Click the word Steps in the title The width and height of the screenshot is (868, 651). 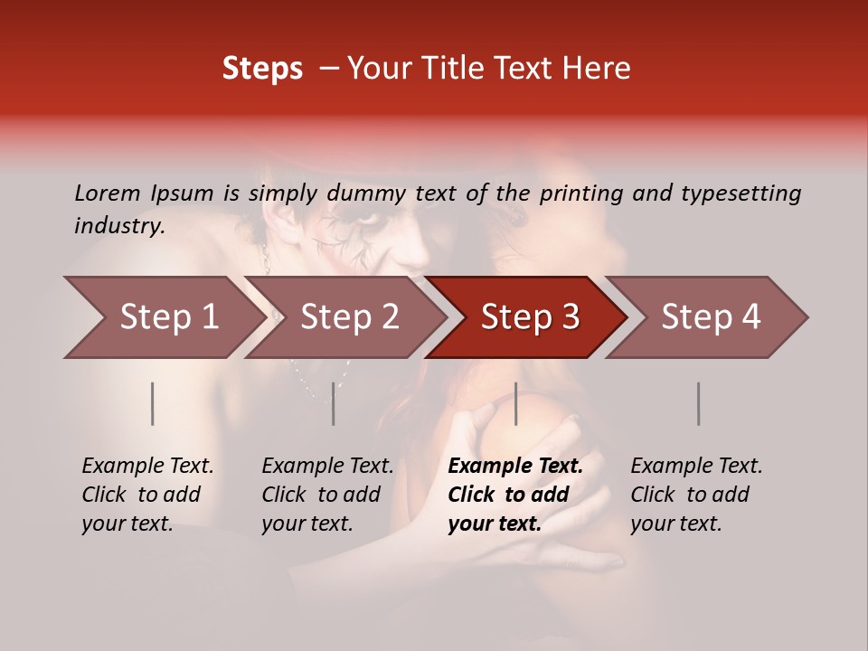pos(262,69)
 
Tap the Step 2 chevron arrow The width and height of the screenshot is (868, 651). pos(345,317)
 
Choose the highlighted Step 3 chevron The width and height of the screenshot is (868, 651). pos(526,317)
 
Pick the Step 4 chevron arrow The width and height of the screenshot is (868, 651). pos(707,317)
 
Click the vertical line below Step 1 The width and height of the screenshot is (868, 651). pos(153,403)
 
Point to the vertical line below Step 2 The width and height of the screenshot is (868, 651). pos(334,403)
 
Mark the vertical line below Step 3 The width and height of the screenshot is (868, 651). pos(515,403)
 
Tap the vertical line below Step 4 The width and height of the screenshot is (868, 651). pos(698,403)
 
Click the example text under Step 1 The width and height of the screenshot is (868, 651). pos(147,495)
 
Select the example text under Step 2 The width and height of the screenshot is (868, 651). pos(327,495)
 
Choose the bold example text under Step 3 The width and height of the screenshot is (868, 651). pos(514,495)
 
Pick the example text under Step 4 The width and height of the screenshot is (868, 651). pos(696,495)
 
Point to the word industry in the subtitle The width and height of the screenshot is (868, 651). pos(118,225)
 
